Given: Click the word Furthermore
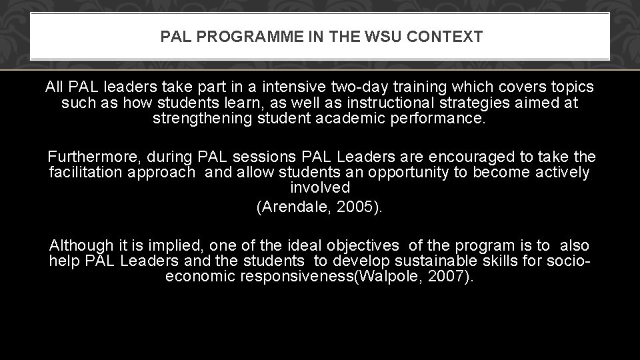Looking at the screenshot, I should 94,157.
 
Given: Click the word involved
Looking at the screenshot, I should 319,188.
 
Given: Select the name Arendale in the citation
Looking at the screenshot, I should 295,207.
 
